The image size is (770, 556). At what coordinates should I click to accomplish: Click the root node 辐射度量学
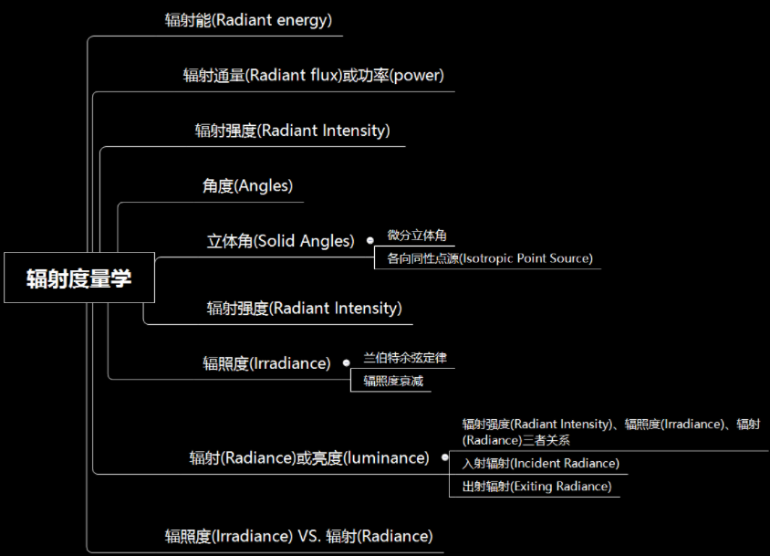coord(78,278)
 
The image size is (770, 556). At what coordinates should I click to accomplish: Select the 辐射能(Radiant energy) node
coord(249,19)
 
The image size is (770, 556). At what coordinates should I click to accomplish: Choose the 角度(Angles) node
coord(247,185)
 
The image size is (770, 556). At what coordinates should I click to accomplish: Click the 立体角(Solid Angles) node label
coord(280,241)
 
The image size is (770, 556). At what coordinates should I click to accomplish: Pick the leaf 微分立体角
coord(416,236)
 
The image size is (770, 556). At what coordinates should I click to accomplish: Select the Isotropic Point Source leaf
coord(489,258)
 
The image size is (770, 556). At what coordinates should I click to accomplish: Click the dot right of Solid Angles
coord(369,241)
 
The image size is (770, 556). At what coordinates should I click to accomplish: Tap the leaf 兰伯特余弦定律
coord(404,358)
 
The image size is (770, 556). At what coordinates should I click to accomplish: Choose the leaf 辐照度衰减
coord(393,381)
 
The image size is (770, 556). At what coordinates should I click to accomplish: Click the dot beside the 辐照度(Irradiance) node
coord(346,362)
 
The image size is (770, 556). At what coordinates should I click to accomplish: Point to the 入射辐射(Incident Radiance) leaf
coord(540,464)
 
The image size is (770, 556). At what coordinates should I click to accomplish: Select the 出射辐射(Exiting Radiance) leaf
coord(536,487)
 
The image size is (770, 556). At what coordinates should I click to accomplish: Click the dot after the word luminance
coord(444,457)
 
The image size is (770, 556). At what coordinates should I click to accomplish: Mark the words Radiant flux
coord(298,75)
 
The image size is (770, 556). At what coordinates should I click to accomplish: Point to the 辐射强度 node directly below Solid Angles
coord(304,308)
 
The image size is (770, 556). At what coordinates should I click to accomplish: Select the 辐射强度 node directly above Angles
coord(292,131)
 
